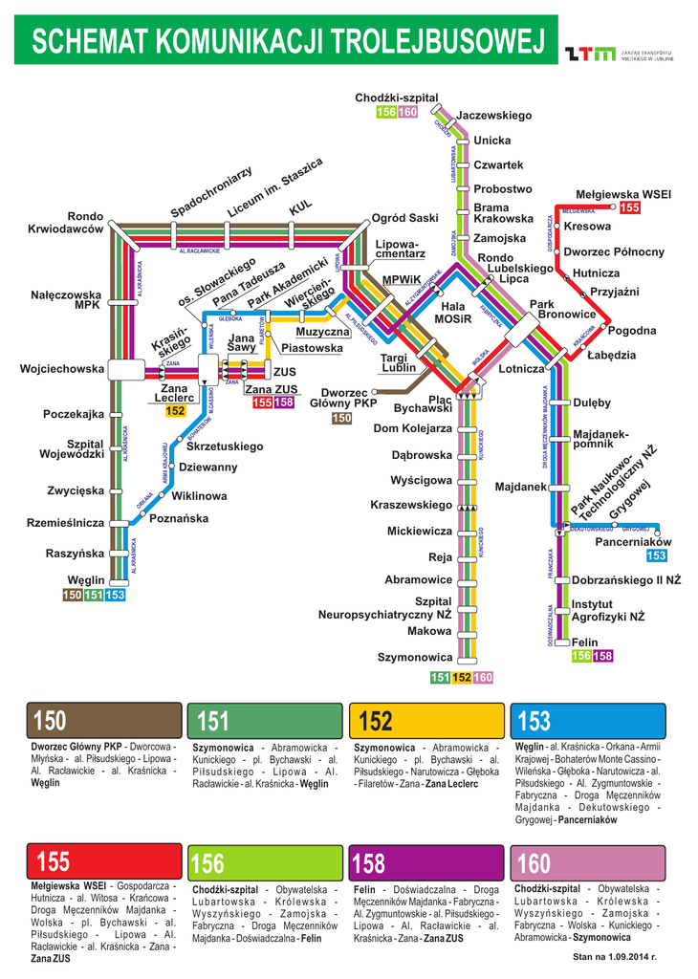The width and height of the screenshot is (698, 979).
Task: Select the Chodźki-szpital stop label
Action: point(396,98)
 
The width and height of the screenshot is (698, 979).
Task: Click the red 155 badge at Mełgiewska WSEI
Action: point(629,208)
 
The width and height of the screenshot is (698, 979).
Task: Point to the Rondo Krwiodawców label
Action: point(72,223)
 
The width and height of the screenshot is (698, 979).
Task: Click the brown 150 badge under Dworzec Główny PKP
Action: point(341,419)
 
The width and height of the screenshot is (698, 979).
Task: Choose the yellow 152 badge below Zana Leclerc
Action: point(175,411)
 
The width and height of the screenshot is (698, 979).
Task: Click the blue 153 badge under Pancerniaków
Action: point(656,556)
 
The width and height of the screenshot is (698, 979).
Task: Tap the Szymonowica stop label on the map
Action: point(414,658)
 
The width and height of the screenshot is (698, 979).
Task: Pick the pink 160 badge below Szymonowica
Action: point(484,678)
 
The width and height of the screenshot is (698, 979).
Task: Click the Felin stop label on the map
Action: point(584,642)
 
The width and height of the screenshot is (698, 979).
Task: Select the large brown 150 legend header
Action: point(104,721)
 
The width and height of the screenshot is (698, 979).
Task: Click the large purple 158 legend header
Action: point(426,863)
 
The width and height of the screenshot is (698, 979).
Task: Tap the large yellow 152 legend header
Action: point(426,721)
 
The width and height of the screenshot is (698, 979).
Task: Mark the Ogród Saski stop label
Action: point(405,218)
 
